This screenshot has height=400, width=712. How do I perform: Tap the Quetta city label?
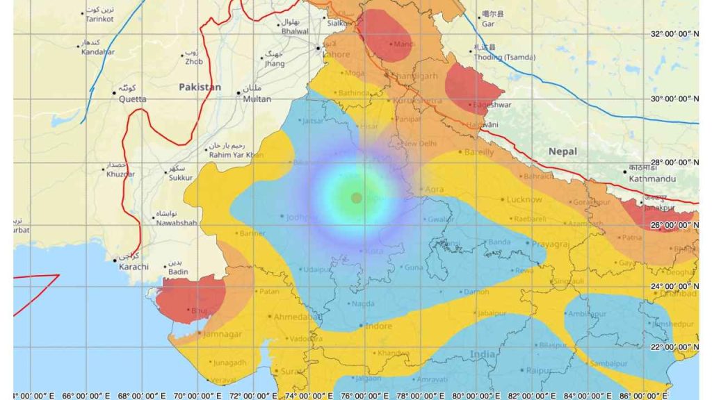(x=132, y=99)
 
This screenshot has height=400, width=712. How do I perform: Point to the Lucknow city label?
(x=524, y=199)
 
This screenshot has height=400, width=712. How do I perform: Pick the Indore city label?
(x=379, y=326)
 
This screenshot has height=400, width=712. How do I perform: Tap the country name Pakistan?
(x=200, y=87)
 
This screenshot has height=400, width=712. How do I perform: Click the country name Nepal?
(x=563, y=151)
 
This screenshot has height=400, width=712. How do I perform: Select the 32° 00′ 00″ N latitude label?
(x=674, y=34)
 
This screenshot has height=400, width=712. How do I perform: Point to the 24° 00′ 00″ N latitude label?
(x=674, y=286)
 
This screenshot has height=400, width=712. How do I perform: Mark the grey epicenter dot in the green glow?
(x=357, y=198)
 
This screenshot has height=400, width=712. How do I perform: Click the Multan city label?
(x=257, y=99)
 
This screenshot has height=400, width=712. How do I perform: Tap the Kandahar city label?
(x=97, y=52)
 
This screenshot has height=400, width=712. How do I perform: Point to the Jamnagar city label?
(x=220, y=334)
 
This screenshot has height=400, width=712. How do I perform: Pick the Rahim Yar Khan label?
(x=236, y=155)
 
